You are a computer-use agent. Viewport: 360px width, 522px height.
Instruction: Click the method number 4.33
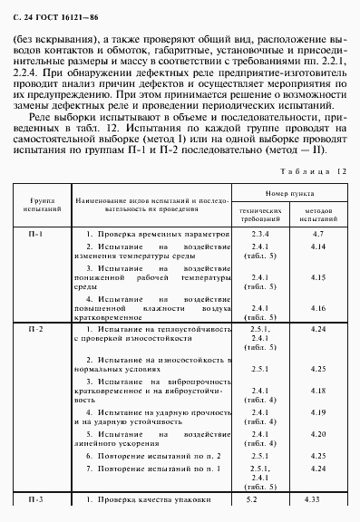(x=316, y=499)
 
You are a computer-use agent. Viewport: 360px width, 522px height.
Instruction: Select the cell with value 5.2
(x=253, y=499)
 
